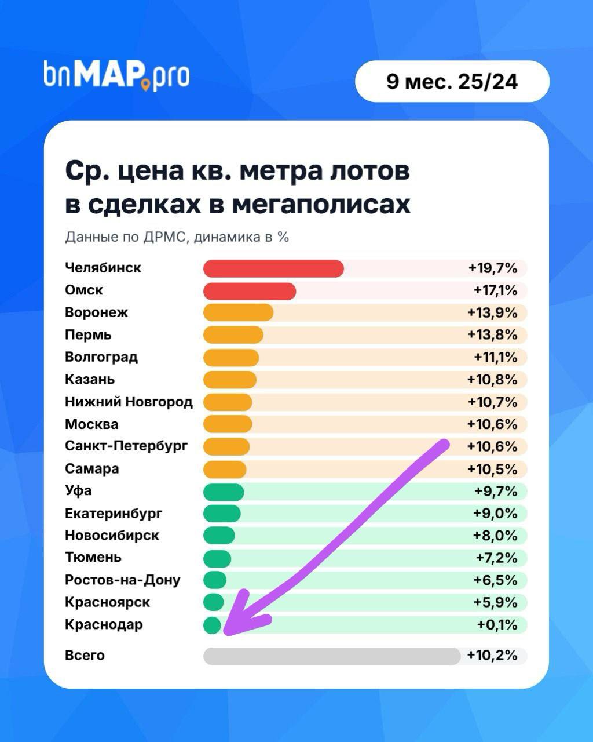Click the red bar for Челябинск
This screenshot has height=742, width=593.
point(273,268)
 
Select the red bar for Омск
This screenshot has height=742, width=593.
point(250,291)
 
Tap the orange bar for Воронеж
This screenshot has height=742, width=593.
point(238,313)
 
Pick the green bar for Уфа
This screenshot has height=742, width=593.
point(224,492)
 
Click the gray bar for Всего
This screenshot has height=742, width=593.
point(331,656)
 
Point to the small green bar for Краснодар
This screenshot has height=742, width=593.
point(212,625)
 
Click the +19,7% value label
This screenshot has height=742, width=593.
point(492,268)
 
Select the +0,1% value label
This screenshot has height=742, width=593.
point(497,625)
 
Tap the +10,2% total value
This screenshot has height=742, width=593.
point(492,656)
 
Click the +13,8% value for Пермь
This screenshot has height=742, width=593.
point(492,335)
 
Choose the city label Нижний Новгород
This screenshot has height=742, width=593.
point(129,402)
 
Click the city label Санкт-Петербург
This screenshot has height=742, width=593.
point(126,446)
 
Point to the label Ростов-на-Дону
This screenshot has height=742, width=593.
point(122,580)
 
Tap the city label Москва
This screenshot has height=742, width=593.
point(91,424)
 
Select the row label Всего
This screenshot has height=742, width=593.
point(85,656)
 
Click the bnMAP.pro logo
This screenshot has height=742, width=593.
point(116,75)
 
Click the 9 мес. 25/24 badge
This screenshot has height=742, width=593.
point(452,82)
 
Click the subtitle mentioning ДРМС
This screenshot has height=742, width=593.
point(177,237)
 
